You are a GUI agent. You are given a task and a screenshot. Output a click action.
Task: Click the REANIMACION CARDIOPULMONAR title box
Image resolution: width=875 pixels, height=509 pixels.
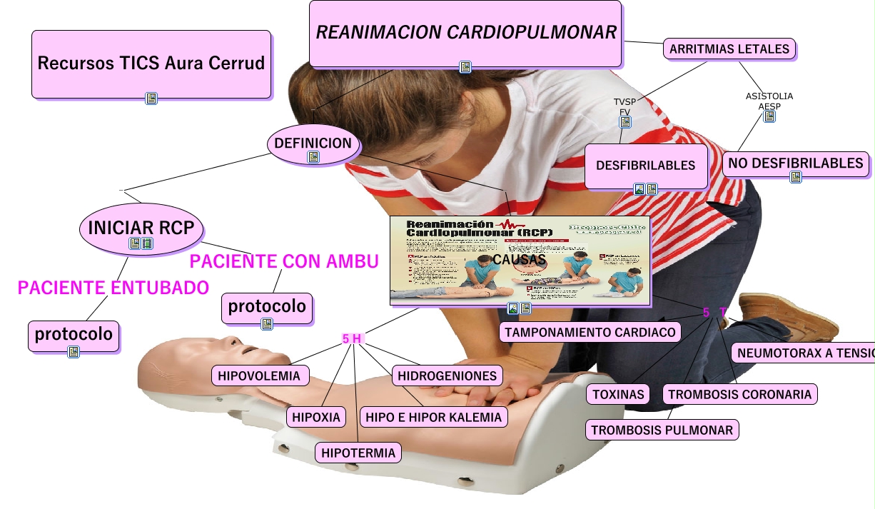(x=465, y=32)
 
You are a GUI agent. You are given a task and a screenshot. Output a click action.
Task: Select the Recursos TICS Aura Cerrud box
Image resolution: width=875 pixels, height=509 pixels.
(x=151, y=63)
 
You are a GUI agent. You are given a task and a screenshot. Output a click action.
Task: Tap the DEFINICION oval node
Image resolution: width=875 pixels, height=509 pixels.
(x=313, y=143)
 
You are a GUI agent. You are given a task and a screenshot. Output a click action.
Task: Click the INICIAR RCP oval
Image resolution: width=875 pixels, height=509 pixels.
(x=141, y=228)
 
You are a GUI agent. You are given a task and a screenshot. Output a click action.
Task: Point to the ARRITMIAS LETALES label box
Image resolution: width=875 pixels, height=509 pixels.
(x=729, y=49)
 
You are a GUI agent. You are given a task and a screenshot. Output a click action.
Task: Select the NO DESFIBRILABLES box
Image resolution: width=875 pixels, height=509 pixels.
(x=796, y=163)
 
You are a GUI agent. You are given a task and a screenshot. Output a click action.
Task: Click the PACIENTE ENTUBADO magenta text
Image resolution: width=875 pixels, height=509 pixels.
(x=113, y=288)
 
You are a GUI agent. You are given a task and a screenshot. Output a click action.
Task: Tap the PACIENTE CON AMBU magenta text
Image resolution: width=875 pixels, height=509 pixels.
(x=284, y=261)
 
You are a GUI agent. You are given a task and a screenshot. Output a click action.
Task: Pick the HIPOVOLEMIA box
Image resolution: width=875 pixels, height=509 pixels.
(x=261, y=375)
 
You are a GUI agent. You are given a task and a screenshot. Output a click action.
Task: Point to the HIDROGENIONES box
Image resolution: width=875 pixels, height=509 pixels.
(x=447, y=375)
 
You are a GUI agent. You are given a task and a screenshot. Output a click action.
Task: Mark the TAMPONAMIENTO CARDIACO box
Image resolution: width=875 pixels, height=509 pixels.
(x=590, y=332)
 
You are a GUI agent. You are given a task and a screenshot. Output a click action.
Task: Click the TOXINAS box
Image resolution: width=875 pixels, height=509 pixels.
(x=618, y=394)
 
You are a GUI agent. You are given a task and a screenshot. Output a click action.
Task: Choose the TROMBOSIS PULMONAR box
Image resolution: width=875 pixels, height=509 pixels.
(x=662, y=430)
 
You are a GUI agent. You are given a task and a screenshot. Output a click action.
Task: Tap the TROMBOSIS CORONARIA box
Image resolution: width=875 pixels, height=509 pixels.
(x=739, y=394)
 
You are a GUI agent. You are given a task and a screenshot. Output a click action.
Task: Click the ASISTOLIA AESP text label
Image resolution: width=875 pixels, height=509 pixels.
(x=769, y=101)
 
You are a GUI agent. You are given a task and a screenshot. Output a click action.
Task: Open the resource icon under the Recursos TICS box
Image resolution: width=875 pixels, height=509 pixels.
(x=151, y=99)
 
